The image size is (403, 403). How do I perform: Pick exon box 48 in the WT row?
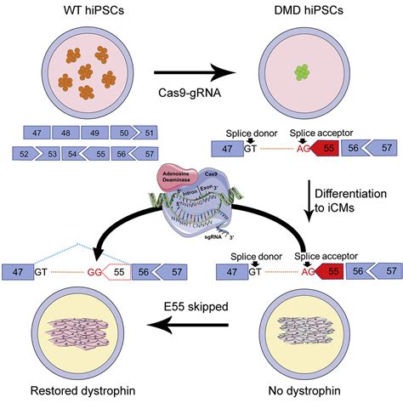click(65, 133)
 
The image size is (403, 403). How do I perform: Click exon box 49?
click(95, 133)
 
